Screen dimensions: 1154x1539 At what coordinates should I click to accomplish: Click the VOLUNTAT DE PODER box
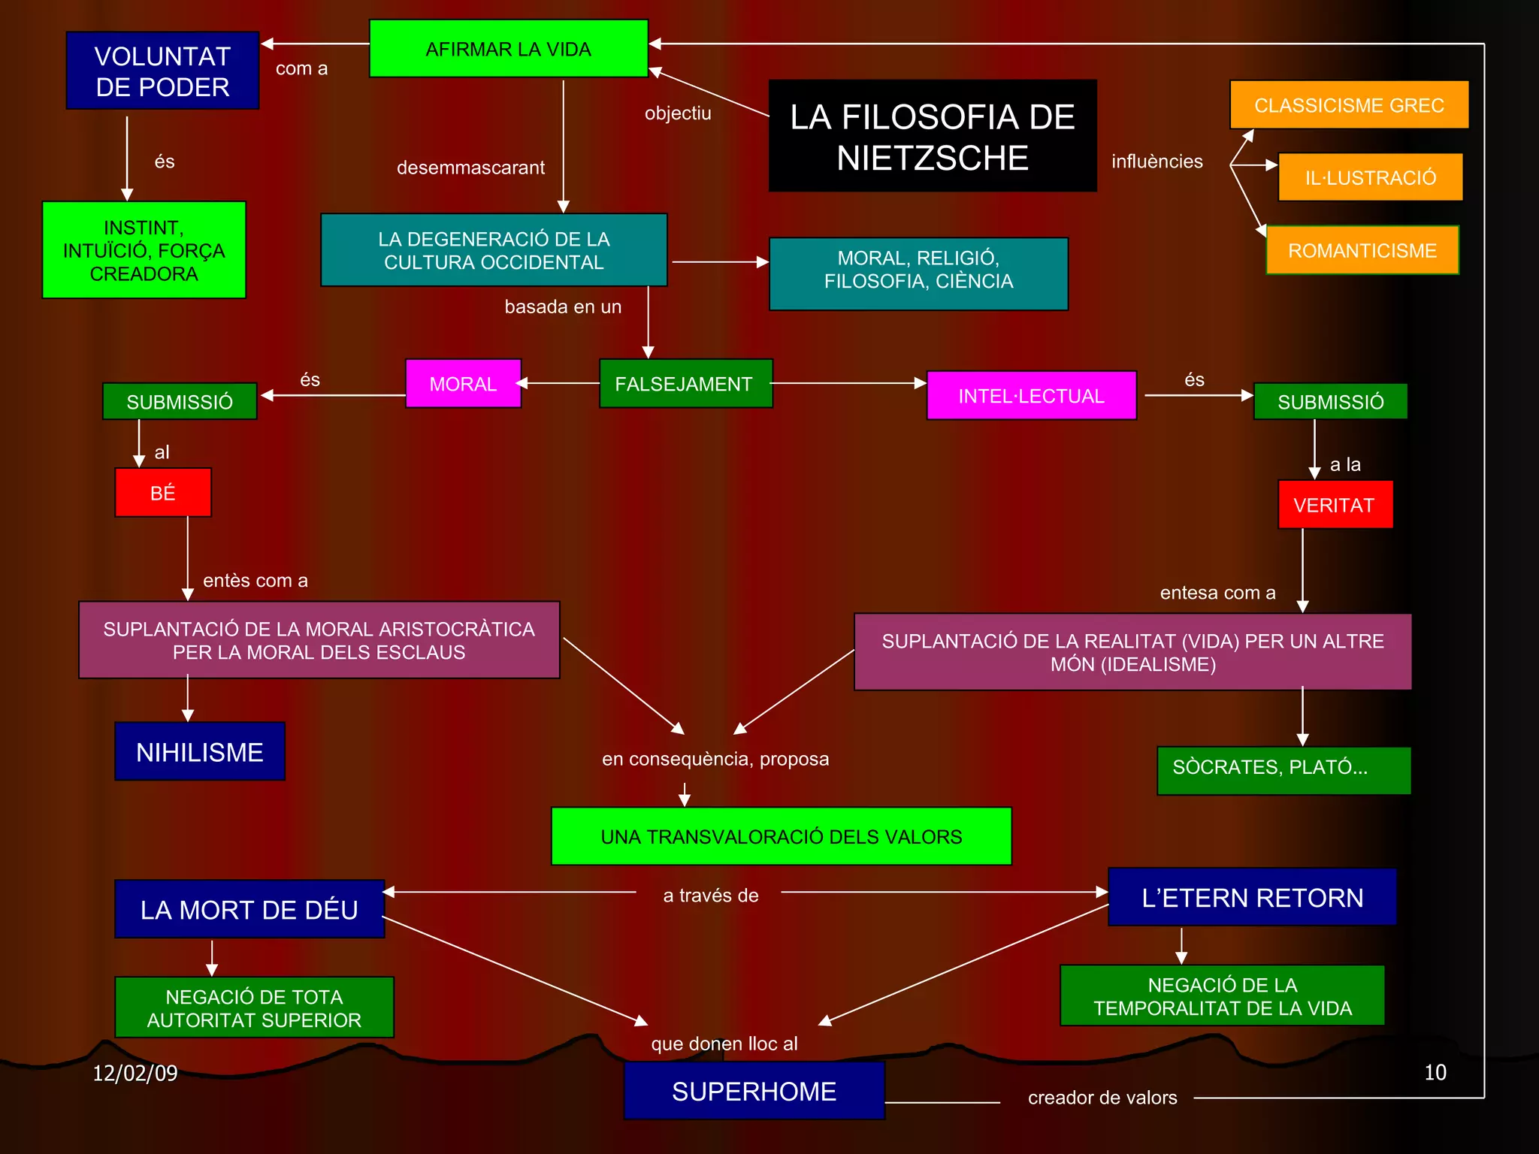click(x=162, y=71)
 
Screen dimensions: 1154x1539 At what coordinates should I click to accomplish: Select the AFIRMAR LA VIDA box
click(x=508, y=49)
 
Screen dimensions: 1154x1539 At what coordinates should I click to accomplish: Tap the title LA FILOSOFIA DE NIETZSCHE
click(x=932, y=136)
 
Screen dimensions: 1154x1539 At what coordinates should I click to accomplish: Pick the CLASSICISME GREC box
click(x=1349, y=104)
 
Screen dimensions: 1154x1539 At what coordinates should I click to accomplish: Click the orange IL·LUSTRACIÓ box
click(x=1370, y=177)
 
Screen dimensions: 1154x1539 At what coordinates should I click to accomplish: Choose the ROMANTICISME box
click(x=1362, y=250)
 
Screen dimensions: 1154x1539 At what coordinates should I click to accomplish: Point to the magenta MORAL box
click(x=463, y=384)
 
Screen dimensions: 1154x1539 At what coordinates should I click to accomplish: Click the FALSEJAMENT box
click(x=685, y=384)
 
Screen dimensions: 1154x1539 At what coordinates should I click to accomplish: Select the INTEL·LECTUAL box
click(x=1031, y=395)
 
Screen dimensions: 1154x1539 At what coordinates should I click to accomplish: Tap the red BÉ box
click(x=163, y=493)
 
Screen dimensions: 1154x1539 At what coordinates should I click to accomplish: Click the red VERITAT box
click(x=1335, y=505)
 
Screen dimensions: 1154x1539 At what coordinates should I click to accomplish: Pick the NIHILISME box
click(x=200, y=751)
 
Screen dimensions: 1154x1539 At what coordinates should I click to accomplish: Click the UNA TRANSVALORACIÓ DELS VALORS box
click(x=781, y=836)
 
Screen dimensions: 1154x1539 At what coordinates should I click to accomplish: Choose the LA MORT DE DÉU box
click(x=249, y=909)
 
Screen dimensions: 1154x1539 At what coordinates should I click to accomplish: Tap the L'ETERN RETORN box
click(x=1252, y=897)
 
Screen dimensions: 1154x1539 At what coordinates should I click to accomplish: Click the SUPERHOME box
click(x=754, y=1091)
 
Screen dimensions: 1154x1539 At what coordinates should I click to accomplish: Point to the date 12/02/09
click(x=135, y=1073)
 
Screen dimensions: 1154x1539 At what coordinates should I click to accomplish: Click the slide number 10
click(x=1435, y=1072)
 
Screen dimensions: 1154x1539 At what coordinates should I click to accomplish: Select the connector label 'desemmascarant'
click(x=470, y=168)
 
